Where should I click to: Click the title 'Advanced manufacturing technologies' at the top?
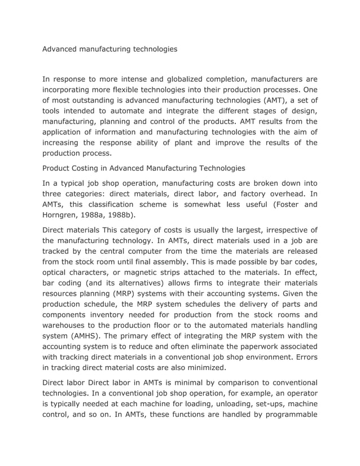click(110, 49)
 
